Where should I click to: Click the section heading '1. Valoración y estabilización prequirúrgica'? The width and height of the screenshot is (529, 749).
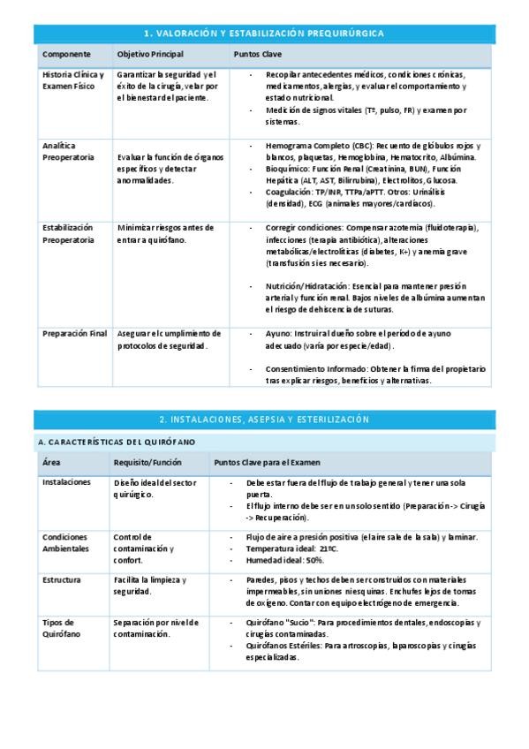point(262,33)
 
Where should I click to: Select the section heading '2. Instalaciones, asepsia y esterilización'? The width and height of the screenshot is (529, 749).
point(262,419)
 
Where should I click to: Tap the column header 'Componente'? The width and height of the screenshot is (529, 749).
point(66,55)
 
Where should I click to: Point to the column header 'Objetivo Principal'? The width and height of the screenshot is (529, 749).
point(150,55)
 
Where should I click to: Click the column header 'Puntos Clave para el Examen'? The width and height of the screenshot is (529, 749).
point(267,462)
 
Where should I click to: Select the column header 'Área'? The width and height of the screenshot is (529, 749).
point(52,462)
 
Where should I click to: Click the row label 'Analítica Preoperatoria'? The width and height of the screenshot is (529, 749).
point(68,150)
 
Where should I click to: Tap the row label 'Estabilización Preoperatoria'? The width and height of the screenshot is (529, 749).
point(68,233)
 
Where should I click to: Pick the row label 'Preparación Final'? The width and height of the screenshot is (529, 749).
point(74,334)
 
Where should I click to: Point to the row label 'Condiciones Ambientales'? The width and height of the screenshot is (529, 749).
point(65,542)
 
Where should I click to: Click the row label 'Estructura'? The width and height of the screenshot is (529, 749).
point(62,579)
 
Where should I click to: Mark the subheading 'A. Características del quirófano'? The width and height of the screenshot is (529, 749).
point(116,441)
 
